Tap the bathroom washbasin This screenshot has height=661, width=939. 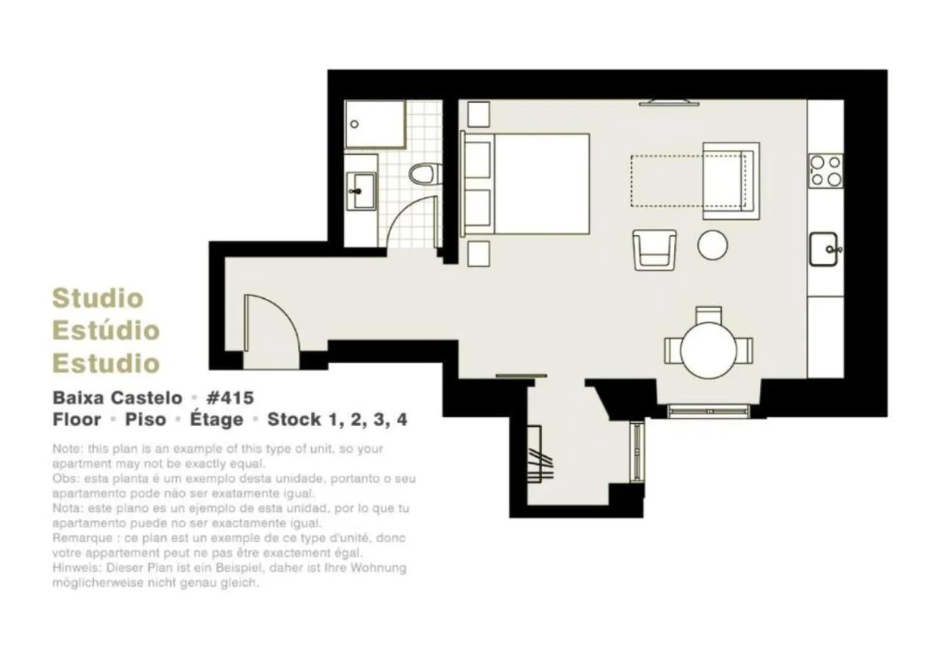pyautogui.click(x=361, y=190)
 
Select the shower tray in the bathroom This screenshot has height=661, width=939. pyautogui.click(x=376, y=125)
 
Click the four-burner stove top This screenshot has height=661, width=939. pyautogui.click(x=825, y=170)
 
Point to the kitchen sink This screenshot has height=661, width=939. pyautogui.click(x=825, y=249)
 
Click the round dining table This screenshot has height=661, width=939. pyautogui.click(x=708, y=350)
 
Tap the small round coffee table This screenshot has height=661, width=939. pyautogui.click(x=712, y=245)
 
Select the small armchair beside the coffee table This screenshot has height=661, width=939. pyautogui.click(x=654, y=249)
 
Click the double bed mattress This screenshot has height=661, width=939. pyautogui.click(x=541, y=184)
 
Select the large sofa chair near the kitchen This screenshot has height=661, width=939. pyautogui.click(x=730, y=181)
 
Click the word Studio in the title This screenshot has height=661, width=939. pyautogui.click(x=98, y=298)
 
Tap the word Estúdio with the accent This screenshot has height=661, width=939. pyautogui.click(x=106, y=330)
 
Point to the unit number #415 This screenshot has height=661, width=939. pyautogui.click(x=230, y=398)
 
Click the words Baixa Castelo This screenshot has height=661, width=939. pyautogui.click(x=117, y=398)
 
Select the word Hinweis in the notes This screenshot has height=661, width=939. pyautogui.click(x=76, y=568)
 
